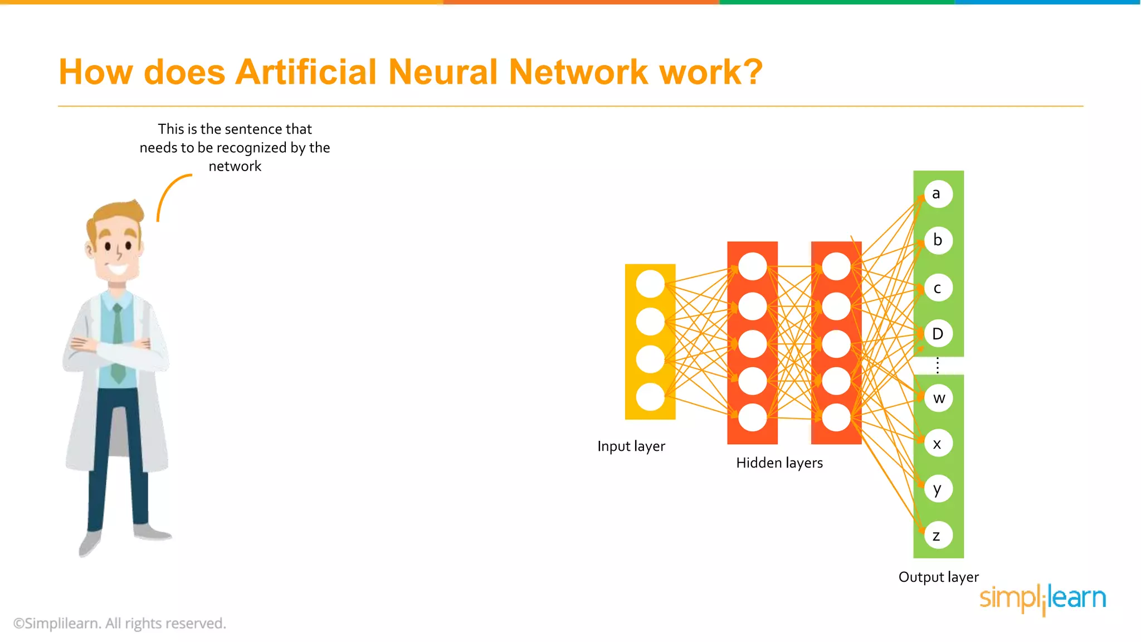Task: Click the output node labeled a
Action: click(x=938, y=194)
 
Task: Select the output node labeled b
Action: click(x=938, y=240)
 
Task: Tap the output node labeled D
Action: click(x=938, y=334)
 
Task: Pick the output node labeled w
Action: click(x=939, y=398)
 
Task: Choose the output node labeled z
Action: click(x=938, y=536)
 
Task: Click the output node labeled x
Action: click(x=938, y=444)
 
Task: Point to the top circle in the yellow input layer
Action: click(x=650, y=284)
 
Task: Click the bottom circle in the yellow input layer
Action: click(x=650, y=397)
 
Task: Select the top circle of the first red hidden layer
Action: click(x=753, y=266)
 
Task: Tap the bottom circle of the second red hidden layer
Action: click(x=836, y=417)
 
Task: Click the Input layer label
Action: click(x=631, y=446)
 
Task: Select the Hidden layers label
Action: click(x=779, y=463)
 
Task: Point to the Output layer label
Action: click(x=938, y=577)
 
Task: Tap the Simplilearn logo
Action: click(x=1042, y=598)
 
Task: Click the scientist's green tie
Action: click(x=118, y=346)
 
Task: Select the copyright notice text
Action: click(x=120, y=623)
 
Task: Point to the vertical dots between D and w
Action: click(x=938, y=366)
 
